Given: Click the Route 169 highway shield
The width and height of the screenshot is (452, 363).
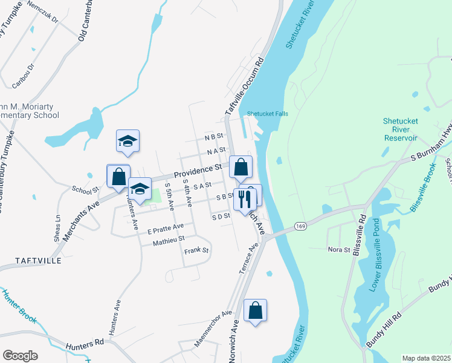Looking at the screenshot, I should (x=299, y=226).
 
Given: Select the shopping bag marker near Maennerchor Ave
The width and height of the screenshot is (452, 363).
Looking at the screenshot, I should (x=255, y=310).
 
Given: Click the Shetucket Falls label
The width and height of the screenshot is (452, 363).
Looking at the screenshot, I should (x=268, y=114).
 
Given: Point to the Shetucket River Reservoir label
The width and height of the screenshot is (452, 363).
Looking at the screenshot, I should (x=401, y=129).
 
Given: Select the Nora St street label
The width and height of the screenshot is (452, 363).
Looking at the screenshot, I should (x=339, y=249).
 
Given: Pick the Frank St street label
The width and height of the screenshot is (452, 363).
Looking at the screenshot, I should (x=196, y=250).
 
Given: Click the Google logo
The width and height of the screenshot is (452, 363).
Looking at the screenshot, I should (x=20, y=355).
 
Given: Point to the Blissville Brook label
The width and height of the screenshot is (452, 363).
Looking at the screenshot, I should (x=422, y=191).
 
